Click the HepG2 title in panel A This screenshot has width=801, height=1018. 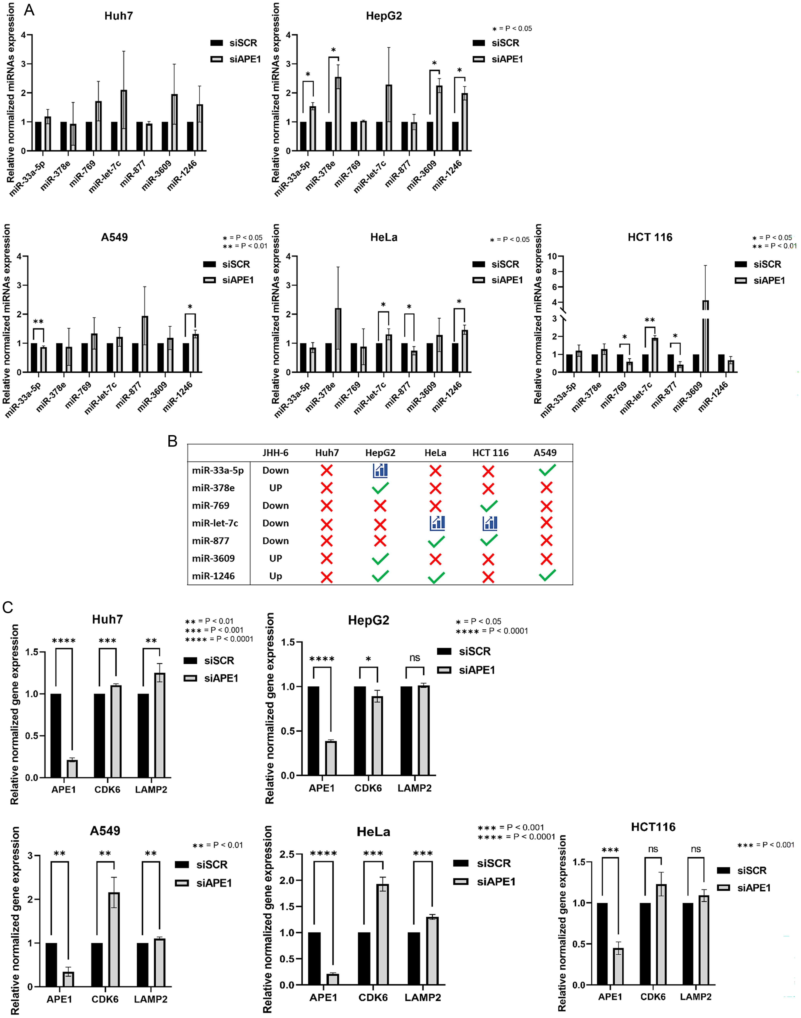[384, 16]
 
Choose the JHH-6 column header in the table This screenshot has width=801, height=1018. [275, 452]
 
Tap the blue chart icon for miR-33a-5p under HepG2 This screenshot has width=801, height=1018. [380, 470]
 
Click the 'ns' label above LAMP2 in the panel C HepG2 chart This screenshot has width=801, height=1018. [415, 658]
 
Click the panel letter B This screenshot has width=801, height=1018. [173, 441]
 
